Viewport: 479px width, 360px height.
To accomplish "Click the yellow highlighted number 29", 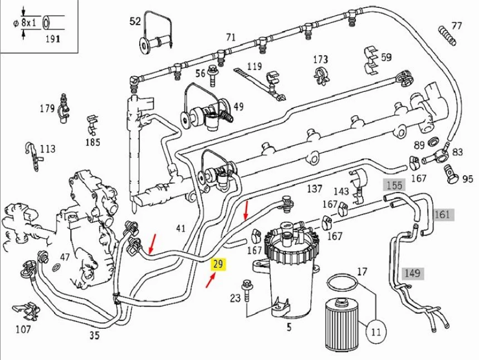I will (218, 264).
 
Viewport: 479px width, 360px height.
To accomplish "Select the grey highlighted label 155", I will (394, 185).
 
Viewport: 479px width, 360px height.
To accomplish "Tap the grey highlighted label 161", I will (442, 214).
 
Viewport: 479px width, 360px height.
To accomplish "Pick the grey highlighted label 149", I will (412, 273).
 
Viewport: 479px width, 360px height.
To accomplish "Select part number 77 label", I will (457, 26).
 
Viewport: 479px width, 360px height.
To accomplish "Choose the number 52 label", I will (135, 22).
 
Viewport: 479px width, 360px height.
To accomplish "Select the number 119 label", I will (254, 66).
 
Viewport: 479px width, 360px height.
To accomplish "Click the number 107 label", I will (23, 329).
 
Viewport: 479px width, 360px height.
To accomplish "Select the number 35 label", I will (95, 335).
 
